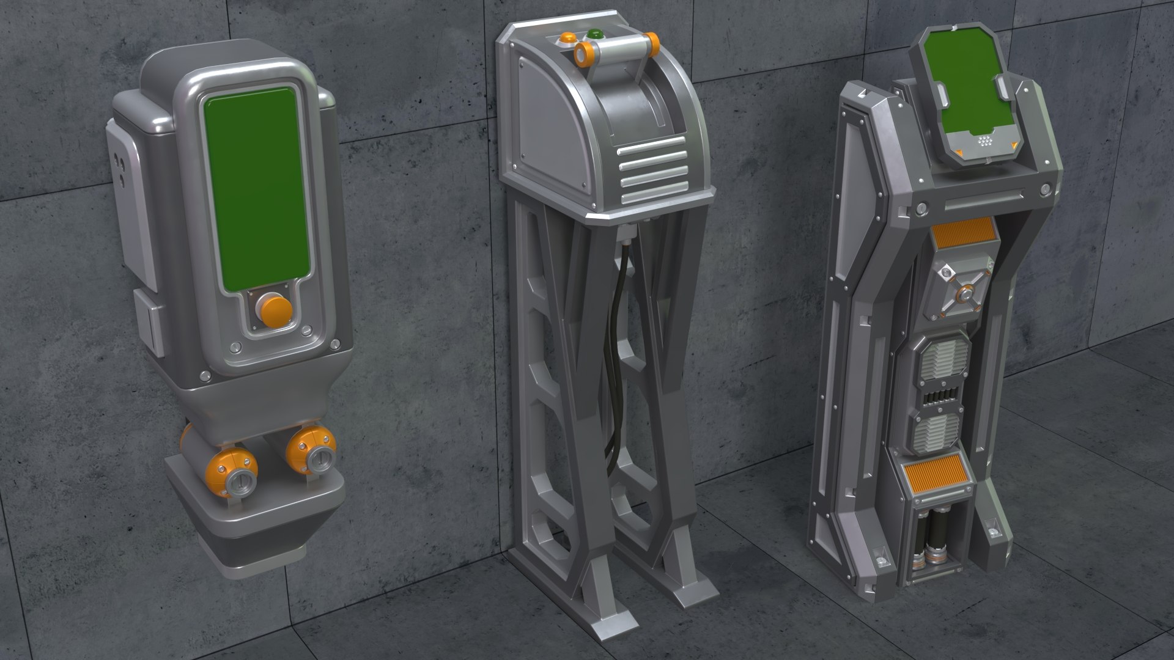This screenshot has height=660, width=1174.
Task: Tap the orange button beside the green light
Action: point(564,40)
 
